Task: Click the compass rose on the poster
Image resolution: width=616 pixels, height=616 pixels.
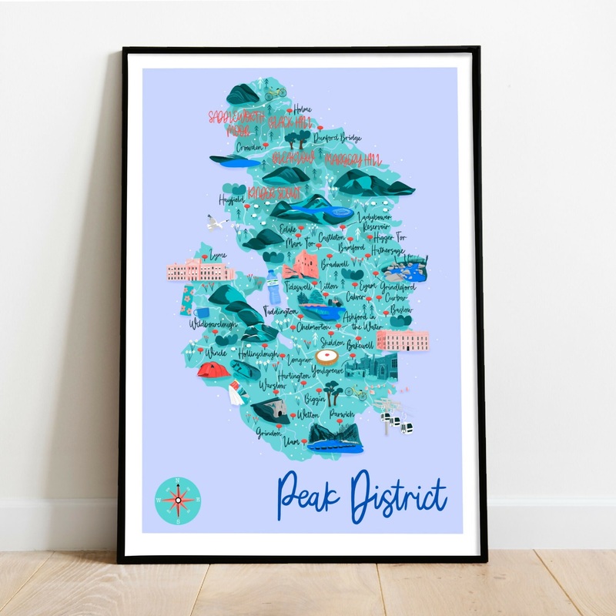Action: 178,500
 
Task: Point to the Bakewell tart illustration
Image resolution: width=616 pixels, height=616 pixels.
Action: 329,358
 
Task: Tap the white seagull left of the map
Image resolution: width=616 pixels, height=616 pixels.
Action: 217,223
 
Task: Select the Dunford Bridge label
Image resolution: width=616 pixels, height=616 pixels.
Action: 339,137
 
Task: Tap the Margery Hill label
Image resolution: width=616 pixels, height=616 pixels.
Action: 353,159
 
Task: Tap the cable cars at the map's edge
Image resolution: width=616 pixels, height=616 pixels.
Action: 400,423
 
